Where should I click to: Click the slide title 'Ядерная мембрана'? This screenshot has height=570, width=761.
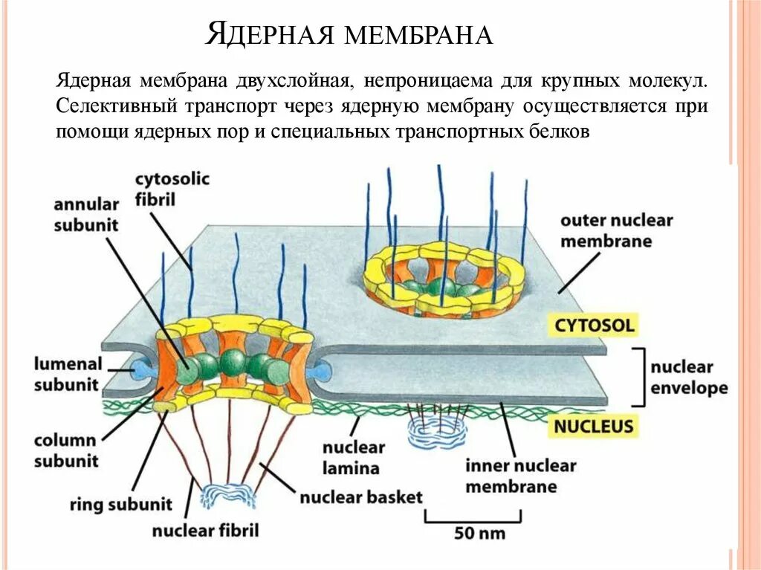point(349,33)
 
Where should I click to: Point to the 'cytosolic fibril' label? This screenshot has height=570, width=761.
point(172,189)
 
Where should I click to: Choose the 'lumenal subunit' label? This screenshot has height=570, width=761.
point(67,374)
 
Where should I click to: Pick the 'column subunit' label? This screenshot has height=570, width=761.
point(66,450)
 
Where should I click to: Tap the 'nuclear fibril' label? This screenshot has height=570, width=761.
point(205,531)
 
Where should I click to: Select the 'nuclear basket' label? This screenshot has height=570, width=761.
point(361,497)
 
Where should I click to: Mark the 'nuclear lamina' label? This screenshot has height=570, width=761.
point(353,458)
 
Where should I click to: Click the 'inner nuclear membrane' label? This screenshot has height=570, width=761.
point(521,476)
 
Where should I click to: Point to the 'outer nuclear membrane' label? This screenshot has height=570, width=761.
point(616,230)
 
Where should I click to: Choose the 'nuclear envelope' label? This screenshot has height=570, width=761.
point(689,378)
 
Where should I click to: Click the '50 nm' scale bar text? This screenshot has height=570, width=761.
point(473,533)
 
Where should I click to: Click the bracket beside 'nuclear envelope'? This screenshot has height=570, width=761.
point(638,377)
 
